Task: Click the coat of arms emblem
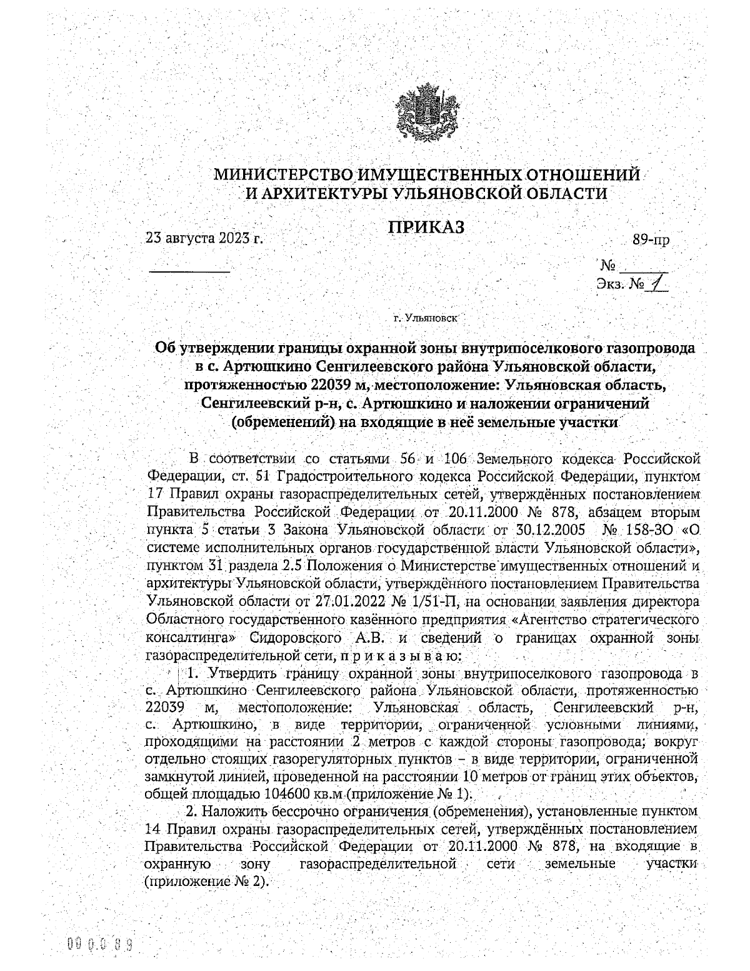pos(427,112)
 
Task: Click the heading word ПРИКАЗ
pos(427,228)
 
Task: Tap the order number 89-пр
pos(651,239)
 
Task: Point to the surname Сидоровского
pos(296,639)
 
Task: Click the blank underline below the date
pos(189,271)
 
